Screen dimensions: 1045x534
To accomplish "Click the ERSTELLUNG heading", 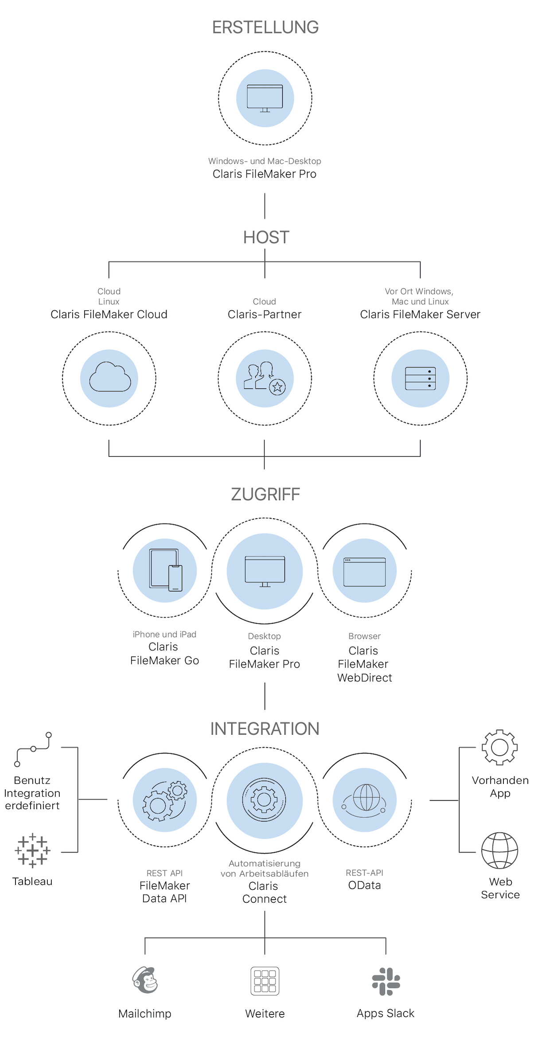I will (265, 27).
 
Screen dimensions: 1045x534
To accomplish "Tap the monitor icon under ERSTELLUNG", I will (265, 98).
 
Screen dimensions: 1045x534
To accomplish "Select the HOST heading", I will (266, 238).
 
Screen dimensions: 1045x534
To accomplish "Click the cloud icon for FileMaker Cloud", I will (109, 378).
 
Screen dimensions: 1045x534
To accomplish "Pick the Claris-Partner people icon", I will (265, 378).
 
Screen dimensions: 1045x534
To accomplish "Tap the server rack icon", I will (420, 378).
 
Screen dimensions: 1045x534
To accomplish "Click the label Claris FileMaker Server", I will (420, 314).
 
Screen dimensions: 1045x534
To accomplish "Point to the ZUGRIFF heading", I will (265, 494).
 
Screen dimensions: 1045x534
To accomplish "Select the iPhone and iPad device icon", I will (165, 570).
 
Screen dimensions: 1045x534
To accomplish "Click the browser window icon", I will (364, 571).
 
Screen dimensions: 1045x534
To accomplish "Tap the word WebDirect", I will (364, 677).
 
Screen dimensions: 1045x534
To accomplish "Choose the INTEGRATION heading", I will (265, 729).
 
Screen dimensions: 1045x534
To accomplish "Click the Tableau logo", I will (32, 850).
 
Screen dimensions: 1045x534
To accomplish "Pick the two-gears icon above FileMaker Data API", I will (165, 801).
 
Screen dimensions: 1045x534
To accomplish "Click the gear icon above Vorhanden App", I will (499, 748).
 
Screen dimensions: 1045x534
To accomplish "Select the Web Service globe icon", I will (499, 850).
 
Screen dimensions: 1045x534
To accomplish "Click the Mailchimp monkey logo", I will (145, 980).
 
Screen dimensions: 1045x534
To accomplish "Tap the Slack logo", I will (386, 981).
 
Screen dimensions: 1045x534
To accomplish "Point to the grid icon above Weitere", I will (265, 981).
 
